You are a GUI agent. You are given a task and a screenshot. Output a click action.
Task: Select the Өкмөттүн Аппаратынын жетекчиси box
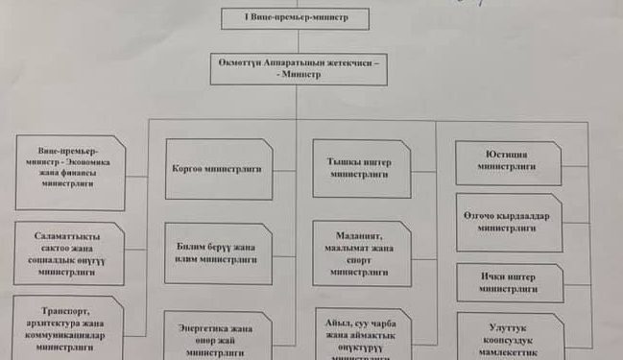[300, 68]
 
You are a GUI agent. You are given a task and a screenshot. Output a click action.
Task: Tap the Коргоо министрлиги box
[218, 169]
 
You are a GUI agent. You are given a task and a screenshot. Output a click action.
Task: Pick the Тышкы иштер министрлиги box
[361, 169]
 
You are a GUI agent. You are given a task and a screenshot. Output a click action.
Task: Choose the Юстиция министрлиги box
[508, 162]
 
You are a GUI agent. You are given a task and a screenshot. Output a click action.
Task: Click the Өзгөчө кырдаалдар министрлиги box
[509, 223]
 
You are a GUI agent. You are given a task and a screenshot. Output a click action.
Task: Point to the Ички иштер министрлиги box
[509, 282]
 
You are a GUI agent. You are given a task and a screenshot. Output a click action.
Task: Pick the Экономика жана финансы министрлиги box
[69, 173]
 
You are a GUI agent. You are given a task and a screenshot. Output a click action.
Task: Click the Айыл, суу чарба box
[362, 333]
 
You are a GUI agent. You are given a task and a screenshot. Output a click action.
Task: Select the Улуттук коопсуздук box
[509, 337]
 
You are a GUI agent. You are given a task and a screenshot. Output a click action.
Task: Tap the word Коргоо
[188, 169]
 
